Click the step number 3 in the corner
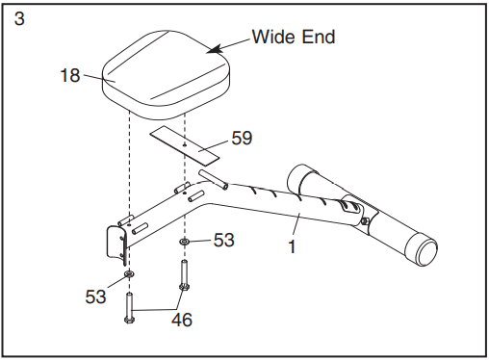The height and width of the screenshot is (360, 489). pos(19,18)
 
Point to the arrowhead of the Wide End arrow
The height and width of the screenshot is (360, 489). pos(215,49)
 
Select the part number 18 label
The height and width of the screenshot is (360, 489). pos(70,75)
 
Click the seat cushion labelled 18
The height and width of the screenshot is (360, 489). pos(167,76)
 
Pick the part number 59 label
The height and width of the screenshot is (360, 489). pos(242,138)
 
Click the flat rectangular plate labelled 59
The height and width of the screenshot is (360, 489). pos(184,145)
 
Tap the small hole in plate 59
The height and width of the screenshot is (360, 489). pos(185,145)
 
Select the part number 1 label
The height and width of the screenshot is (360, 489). pos(292,246)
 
